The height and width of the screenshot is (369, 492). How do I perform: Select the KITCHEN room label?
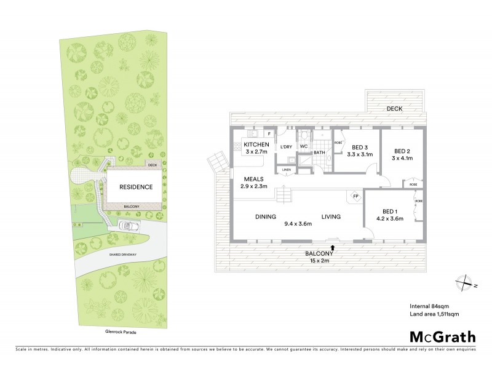pyautogui.click(x=247, y=144)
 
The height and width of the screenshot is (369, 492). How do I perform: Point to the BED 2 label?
pyautogui.click(x=402, y=151)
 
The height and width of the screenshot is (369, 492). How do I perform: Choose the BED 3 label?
pyautogui.click(x=361, y=147)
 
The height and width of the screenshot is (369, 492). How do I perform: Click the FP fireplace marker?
pyautogui.click(x=355, y=197)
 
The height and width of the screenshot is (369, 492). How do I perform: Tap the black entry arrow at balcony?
pyautogui.click(x=333, y=247)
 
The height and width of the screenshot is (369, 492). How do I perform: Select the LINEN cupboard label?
pyautogui.click(x=286, y=170)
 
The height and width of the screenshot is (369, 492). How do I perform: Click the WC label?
pyautogui.click(x=303, y=146)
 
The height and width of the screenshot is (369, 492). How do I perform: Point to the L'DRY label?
pyautogui.click(x=285, y=146)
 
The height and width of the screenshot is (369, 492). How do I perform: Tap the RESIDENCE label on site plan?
pyautogui.click(x=135, y=187)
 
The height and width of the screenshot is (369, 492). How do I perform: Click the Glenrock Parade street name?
pyautogui.click(x=121, y=331)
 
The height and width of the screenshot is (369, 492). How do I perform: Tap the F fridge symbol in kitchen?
pyautogui.click(x=268, y=133)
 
